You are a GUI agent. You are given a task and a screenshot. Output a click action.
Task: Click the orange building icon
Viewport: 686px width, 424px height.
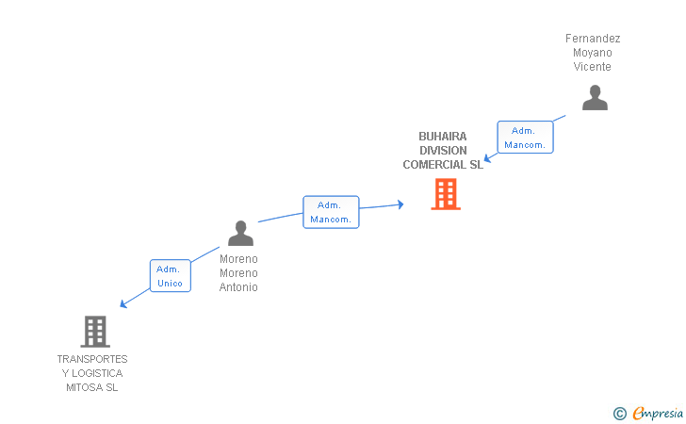[x=446, y=194]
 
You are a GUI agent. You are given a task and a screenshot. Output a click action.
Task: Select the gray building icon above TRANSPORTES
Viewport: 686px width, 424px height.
[x=95, y=332]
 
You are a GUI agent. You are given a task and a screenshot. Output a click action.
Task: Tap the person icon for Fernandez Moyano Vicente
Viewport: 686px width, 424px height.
[x=595, y=98]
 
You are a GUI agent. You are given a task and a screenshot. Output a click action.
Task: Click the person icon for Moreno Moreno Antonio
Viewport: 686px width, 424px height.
[x=240, y=234]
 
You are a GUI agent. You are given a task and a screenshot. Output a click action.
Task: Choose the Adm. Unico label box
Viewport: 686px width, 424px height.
[x=171, y=276]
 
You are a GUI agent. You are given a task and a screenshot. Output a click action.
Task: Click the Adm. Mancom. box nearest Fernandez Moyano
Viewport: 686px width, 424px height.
[x=525, y=138]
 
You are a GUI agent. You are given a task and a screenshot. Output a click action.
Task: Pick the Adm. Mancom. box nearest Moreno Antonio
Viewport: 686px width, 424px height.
[x=331, y=212]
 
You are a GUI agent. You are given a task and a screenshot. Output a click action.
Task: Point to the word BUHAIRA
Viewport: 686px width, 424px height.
[x=443, y=137]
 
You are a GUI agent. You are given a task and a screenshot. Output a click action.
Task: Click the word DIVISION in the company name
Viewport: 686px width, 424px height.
[x=443, y=151]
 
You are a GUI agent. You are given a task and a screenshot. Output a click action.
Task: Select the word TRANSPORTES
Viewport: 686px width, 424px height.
[x=92, y=359]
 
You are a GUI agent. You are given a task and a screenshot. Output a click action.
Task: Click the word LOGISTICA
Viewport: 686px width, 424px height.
[x=97, y=373]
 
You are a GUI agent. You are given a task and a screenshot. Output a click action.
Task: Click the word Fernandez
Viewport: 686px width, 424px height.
[x=593, y=39]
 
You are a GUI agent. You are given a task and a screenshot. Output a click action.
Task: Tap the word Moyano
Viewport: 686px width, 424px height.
[x=593, y=53]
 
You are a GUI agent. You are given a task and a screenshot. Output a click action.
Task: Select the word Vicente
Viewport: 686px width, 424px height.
[x=593, y=67]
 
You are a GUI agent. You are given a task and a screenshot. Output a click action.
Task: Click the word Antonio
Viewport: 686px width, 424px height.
[x=238, y=287]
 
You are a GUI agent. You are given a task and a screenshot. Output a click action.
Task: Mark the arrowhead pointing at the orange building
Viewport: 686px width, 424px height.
[x=400, y=204]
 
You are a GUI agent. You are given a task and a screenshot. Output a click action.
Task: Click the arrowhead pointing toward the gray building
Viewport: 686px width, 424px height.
[x=123, y=303]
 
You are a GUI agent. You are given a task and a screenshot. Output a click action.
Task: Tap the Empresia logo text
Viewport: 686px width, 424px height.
[x=657, y=413]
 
